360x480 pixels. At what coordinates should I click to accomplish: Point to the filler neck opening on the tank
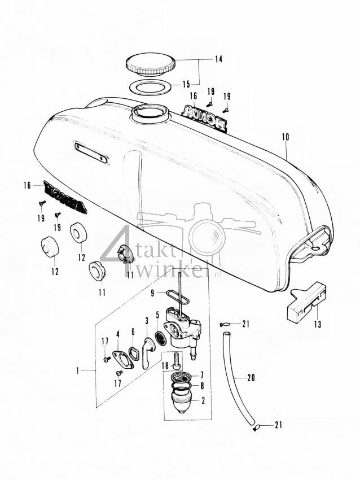[148, 112]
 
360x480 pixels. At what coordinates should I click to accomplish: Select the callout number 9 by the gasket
[152, 293]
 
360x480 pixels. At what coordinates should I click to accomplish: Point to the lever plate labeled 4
[118, 360]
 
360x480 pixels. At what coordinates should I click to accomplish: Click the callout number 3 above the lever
[146, 321]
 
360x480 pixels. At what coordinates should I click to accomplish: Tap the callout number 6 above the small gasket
[133, 332]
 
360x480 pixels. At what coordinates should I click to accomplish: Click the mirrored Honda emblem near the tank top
[203, 117]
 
